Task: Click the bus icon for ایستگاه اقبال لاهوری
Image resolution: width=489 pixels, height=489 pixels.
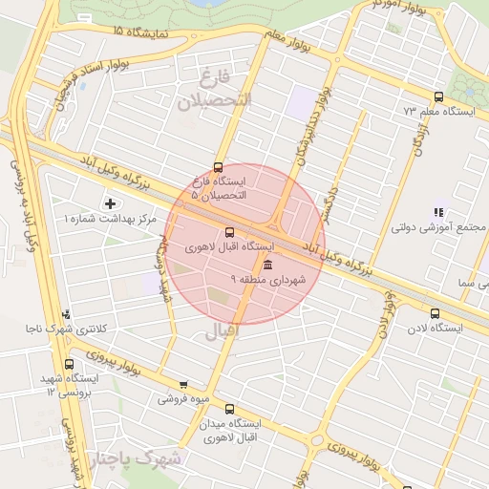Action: point(228,232)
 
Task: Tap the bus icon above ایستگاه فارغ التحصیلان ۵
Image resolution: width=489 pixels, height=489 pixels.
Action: point(219,167)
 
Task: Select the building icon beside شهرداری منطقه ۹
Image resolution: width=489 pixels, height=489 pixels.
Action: point(266,265)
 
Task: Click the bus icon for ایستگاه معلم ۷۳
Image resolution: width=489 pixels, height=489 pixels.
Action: point(438,96)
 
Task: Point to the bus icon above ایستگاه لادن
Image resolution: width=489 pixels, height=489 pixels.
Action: point(436,313)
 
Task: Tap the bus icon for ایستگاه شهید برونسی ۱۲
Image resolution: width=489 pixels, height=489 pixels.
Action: point(68,364)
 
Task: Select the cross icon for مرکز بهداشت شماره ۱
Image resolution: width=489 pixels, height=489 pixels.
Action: point(110,203)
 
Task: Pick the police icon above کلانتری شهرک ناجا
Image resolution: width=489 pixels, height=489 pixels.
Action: point(65,313)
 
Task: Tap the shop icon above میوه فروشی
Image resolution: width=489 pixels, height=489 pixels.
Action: point(183,385)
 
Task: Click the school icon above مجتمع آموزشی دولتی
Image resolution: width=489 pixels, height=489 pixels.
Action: point(438,212)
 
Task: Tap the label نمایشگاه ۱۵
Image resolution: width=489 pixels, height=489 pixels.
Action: point(139,33)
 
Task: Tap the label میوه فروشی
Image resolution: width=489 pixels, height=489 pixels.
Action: point(183,399)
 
